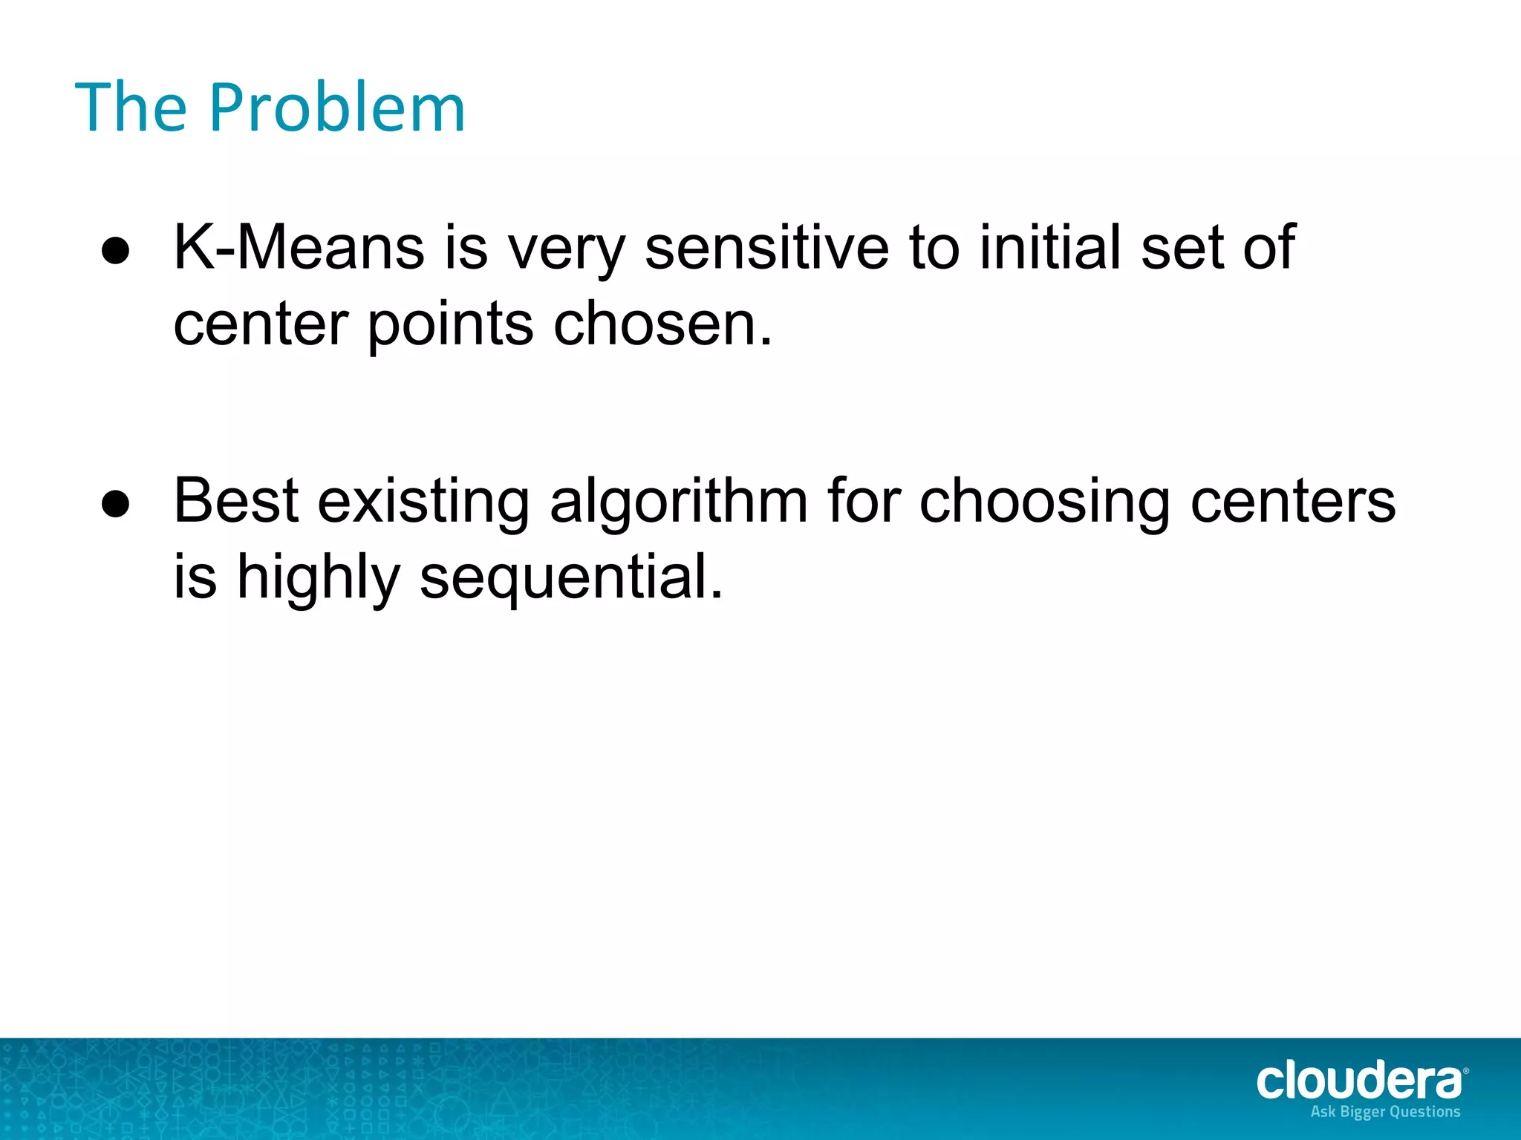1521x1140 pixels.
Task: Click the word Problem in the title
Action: tap(337, 108)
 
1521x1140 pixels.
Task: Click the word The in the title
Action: tap(131, 108)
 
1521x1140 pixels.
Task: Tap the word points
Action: tap(451, 327)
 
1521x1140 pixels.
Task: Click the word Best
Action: tap(236, 502)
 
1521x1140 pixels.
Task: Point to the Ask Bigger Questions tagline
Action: tap(1385, 1112)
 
